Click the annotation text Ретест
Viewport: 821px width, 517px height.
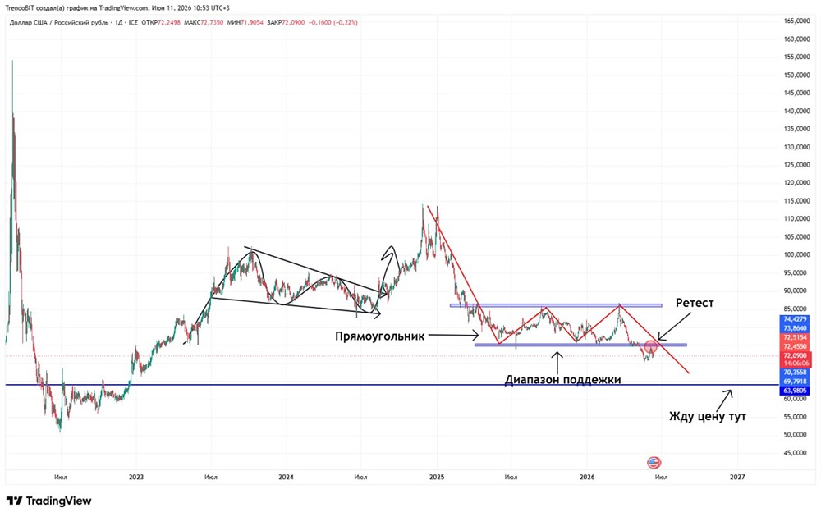695,303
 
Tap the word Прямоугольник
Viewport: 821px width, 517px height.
379,336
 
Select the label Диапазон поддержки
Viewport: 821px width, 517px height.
563,380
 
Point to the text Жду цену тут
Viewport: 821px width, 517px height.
708,417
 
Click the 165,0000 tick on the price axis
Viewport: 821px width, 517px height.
796,21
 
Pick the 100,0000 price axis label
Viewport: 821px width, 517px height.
796,255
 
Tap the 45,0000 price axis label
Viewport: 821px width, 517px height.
796,453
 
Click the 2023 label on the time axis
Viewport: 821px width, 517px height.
136,477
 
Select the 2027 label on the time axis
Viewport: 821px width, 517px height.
737,477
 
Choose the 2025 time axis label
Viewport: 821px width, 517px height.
437,477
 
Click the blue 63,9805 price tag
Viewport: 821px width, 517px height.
795,391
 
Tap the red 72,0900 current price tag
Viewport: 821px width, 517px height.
795,356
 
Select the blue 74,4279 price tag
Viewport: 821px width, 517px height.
795,319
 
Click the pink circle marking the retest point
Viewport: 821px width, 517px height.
650,346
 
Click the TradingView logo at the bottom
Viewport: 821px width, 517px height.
48,501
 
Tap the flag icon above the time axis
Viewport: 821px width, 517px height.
654,462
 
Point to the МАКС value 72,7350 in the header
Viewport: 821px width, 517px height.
212,22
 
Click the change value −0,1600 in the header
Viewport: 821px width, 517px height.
320,22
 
